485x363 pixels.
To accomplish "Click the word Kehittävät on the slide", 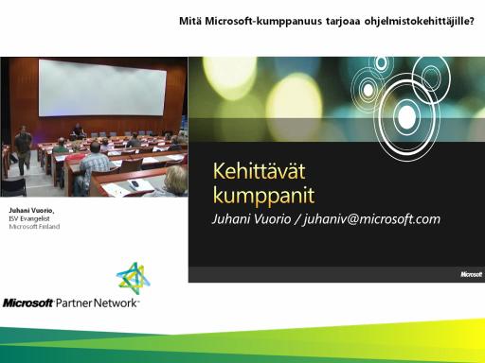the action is click(x=260, y=171).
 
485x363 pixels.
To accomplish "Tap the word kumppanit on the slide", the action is click(x=263, y=196).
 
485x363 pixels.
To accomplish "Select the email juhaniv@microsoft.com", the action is click(x=371, y=219).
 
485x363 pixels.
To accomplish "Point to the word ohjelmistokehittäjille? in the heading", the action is click(x=420, y=22).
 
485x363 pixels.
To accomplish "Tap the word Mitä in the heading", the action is click(x=190, y=21).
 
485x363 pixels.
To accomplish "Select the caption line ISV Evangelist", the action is click(x=29, y=218).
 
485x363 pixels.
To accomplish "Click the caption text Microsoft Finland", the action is click(x=34, y=227).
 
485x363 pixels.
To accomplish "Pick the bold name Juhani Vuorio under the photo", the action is click(x=31, y=210).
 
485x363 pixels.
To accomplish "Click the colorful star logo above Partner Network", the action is click(x=134, y=276).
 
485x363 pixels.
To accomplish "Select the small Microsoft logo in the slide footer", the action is click(x=471, y=274).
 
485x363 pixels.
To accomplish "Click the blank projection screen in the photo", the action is click(x=102, y=89).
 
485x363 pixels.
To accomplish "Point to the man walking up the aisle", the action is click(x=23, y=149).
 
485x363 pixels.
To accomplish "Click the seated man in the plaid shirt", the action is click(x=94, y=166).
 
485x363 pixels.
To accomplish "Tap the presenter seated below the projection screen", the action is click(x=77, y=131).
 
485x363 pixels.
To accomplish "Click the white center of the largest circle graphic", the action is click(x=406, y=116).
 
